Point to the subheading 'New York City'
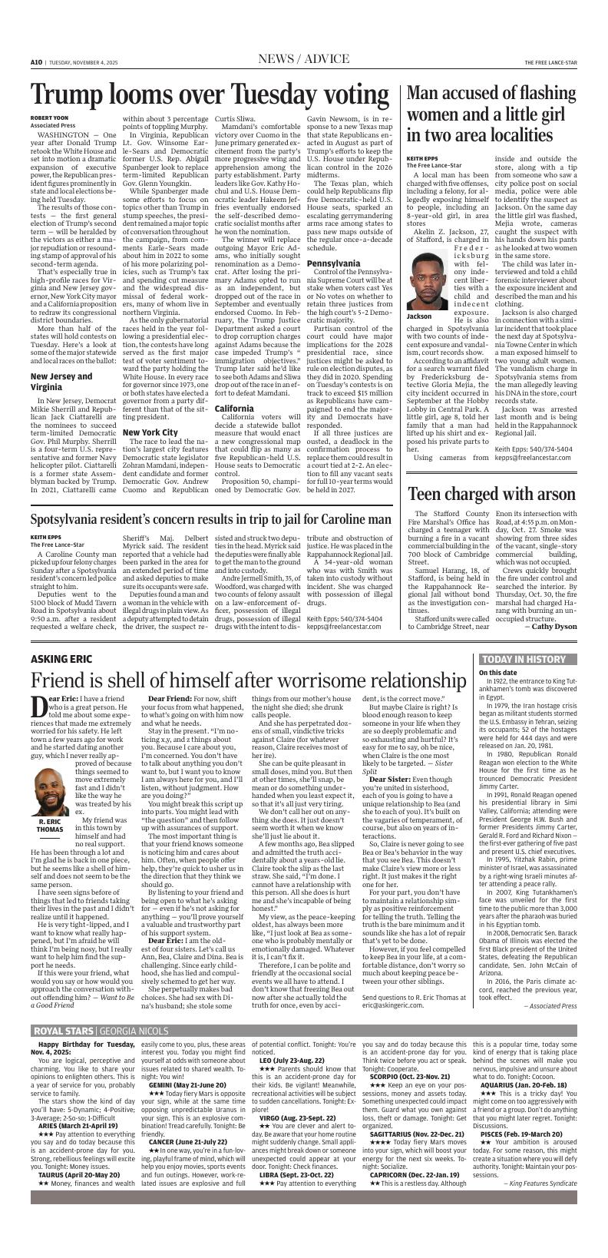coord(150,432)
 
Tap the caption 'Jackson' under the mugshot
coord(419,316)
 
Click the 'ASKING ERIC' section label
coord(61,659)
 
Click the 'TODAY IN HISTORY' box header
coord(524,660)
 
